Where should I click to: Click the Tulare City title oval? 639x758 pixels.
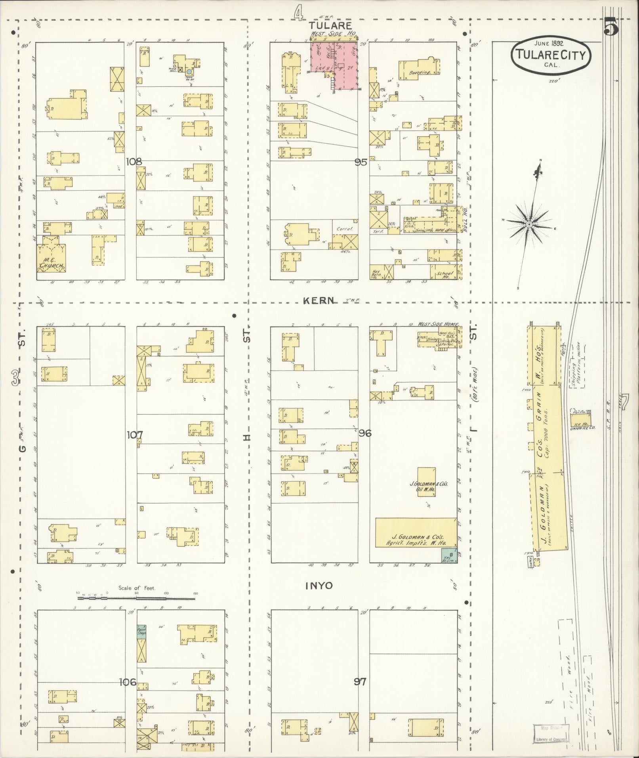tap(551, 55)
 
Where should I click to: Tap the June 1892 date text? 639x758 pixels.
tap(550, 43)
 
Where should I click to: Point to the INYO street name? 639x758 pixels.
tap(319, 586)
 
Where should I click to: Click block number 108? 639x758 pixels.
tap(134, 162)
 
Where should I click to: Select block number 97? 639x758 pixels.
tap(360, 682)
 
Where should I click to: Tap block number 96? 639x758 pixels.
tap(365, 433)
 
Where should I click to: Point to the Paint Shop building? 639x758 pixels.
tap(142, 630)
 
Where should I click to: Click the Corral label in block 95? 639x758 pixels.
tap(344, 229)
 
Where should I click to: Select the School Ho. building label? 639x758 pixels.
tap(444, 274)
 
